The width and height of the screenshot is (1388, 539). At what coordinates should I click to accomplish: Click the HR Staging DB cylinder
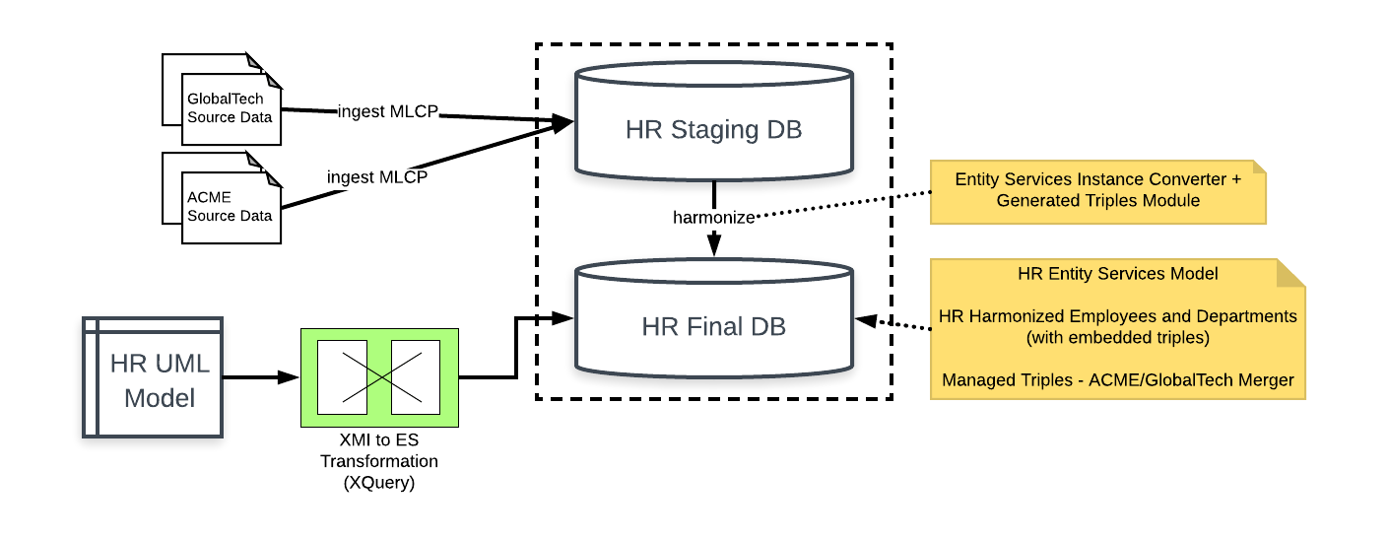(x=713, y=128)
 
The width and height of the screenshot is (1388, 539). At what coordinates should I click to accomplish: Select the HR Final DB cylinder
(x=713, y=325)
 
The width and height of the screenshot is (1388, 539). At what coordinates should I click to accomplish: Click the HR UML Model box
(x=154, y=377)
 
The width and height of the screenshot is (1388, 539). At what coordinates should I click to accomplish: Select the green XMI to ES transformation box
(x=379, y=376)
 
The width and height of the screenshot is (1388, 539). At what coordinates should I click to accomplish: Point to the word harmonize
(x=713, y=216)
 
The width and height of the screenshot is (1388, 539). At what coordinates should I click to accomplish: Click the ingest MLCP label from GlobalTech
(x=387, y=111)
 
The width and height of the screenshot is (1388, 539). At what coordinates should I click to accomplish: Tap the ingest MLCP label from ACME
(x=377, y=177)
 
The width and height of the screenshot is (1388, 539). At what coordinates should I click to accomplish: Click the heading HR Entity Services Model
(x=1118, y=273)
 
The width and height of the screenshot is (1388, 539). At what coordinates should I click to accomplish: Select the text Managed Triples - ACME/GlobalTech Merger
(x=1118, y=380)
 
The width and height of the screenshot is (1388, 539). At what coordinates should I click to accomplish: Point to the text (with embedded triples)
(x=1118, y=337)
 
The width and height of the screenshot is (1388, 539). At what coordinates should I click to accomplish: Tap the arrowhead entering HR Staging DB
(x=563, y=123)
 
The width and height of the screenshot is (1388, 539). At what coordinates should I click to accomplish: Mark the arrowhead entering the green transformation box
(x=292, y=377)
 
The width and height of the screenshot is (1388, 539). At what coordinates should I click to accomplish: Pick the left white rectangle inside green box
(x=342, y=376)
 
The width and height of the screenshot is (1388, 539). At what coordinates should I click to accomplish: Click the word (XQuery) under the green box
(x=379, y=483)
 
